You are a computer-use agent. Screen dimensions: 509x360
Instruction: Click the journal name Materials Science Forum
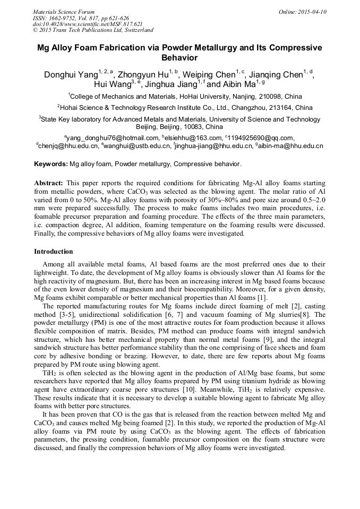[64, 11]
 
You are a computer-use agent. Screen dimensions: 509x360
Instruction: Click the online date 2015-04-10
[310, 11]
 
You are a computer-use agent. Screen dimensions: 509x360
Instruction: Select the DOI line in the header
[88, 24]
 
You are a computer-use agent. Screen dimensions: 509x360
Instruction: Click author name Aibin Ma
[238, 85]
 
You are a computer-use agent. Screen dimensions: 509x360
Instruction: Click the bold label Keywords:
[50, 164]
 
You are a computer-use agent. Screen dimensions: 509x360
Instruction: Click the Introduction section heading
[53, 252]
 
